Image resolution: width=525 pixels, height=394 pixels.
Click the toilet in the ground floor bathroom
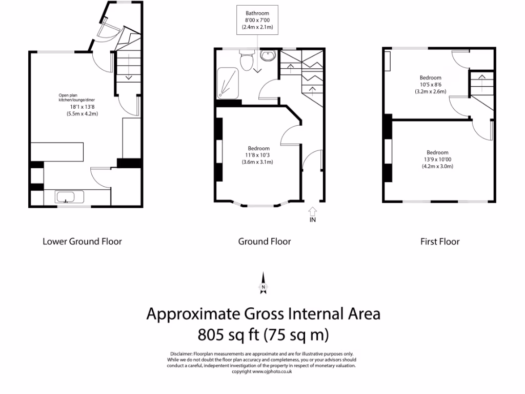(247, 61)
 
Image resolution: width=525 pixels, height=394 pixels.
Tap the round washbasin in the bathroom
(268, 55)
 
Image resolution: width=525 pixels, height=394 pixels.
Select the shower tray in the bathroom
(228, 83)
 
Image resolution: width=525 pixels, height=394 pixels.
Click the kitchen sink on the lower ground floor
(66, 197)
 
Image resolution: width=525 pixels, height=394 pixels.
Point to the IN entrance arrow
(312, 211)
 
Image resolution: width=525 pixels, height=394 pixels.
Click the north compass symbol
(264, 283)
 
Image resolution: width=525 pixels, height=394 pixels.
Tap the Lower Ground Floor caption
(82, 242)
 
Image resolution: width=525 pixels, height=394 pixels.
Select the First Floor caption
(440, 242)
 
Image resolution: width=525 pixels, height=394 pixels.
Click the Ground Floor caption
(265, 242)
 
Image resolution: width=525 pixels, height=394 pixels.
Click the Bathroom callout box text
(257, 20)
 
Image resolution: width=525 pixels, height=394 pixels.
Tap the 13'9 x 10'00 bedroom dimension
(437, 160)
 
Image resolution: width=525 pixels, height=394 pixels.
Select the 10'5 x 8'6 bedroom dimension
(431, 85)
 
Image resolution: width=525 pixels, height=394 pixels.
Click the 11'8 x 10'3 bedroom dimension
(257, 155)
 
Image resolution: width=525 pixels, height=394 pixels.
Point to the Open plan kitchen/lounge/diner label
(77, 97)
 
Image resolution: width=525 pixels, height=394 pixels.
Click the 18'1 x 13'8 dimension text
(82, 107)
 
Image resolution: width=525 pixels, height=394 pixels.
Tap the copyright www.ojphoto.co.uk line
(262, 371)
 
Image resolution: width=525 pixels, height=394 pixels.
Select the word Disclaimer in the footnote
(181, 354)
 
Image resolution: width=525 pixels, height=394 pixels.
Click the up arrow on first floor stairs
(481, 83)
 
